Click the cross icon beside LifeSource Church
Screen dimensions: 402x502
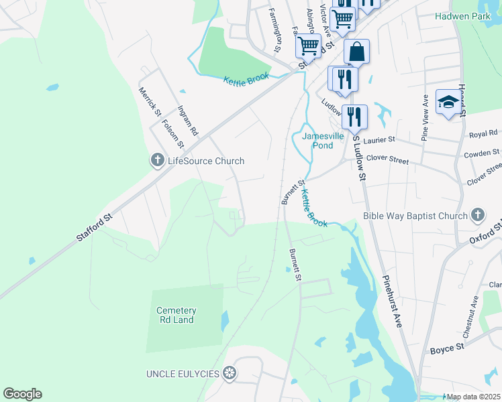(x=157, y=160)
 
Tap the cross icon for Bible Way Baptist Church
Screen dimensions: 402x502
(x=477, y=215)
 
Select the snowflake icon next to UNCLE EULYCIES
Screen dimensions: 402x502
(x=230, y=373)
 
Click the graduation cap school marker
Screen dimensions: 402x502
(x=448, y=103)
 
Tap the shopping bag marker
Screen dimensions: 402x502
(x=356, y=52)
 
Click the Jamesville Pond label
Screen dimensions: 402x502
(x=322, y=140)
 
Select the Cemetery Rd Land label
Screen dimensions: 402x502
(x=176, y=315)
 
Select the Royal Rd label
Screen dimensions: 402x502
(x=482, y=135)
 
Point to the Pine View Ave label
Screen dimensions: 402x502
(x=425, y=117)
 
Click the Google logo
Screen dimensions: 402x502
(x=22, y=394)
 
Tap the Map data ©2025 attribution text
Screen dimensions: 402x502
(x=473, y=397)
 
